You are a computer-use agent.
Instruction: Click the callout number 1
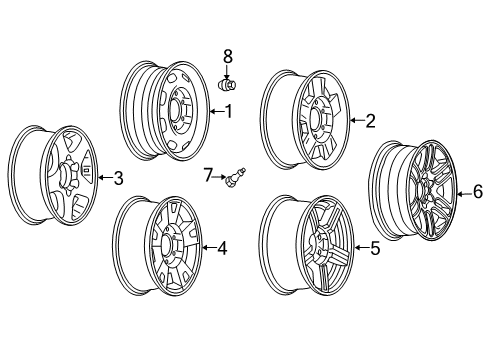(228, 112)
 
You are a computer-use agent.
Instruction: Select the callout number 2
(370, 121)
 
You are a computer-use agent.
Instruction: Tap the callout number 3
(118, 179)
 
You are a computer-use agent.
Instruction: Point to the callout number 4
(222, 248)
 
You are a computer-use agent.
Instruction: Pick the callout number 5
(375, 249)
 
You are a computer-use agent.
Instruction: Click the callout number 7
(209, 177)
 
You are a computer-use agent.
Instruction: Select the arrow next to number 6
(464, 191)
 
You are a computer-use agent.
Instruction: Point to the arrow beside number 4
(208, 248)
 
